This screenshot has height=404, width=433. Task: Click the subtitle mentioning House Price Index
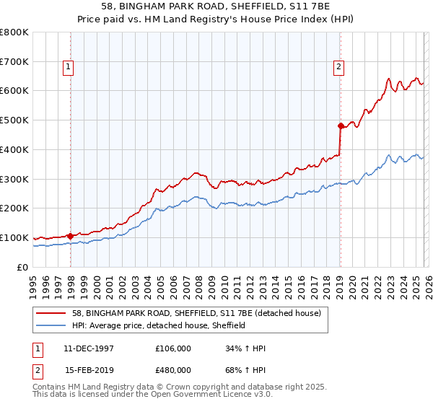click(216, 20)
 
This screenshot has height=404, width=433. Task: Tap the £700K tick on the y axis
click(14, 62)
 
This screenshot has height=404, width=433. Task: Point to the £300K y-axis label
click(14, 179)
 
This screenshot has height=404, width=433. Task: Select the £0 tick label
click(22, 267)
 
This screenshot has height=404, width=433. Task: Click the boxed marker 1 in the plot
click(68, 67)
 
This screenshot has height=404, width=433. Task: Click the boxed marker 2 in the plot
click(338, 67)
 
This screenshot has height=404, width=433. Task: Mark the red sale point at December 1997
click(71, 235)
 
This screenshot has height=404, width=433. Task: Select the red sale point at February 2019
click(340, 126)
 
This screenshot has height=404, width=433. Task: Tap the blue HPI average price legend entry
click(159, 325)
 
